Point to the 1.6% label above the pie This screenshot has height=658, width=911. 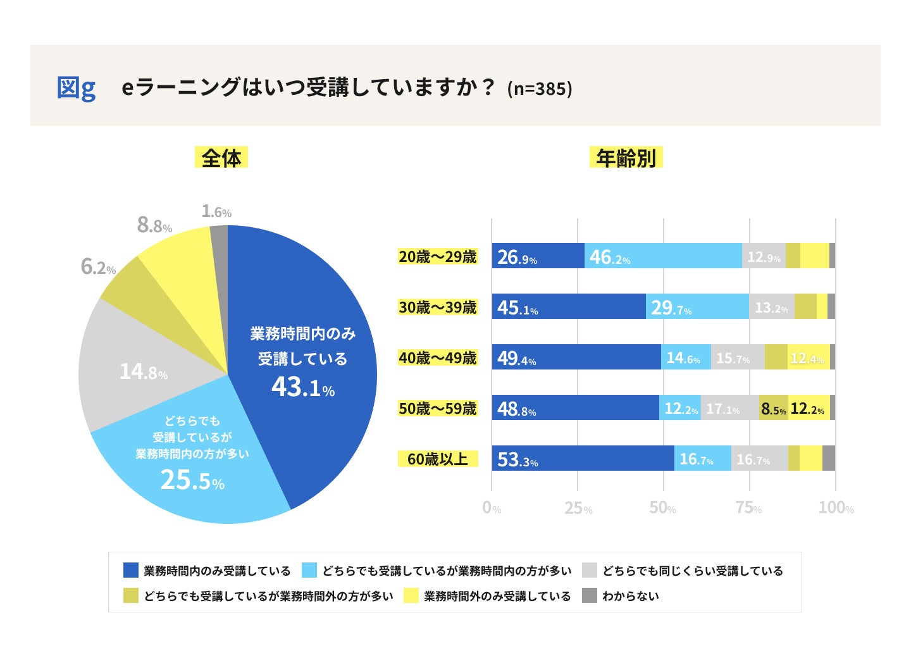pos(216,211)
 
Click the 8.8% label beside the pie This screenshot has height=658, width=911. pos(154,225)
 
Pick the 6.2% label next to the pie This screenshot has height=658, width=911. pos(98,267)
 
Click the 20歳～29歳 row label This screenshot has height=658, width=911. pos(437,256)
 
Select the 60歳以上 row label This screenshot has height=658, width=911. pos(437,459)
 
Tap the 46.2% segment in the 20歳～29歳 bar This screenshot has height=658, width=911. pos(663,256)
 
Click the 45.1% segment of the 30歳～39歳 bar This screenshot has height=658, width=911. pos(569,307)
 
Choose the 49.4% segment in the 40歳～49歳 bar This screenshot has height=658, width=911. pos(576,357)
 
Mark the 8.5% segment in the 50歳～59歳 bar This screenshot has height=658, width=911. pos(773,409)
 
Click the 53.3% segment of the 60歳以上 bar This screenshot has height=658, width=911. pos(583,459)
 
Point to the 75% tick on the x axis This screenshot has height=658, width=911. pos(749,508)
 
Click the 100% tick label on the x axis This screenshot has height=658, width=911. pos(836,508)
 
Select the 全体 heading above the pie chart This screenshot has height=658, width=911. pos(221,158)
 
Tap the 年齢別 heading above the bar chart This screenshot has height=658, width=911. pos(626,158)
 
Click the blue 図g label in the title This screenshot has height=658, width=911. pos(76,87)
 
